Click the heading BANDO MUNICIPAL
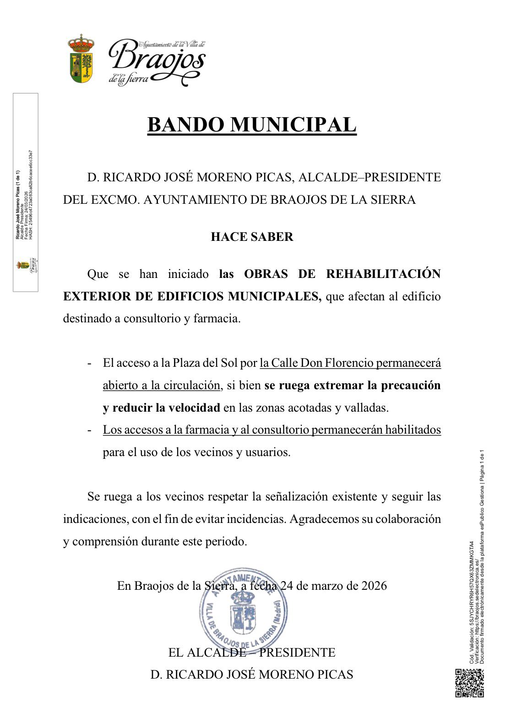pyautogui.click(x=251, y=125)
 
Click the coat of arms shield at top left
pyautogui.click(x=81, y=60)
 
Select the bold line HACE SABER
pyautogui.click(x=252, y=237)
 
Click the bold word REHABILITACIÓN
pyautogui.click(x=383, y=274)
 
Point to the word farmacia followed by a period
pyautogui.click(x=219, y=319)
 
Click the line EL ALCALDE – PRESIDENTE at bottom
pyautogui.click(x=252, y=652)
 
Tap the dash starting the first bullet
pyautogui.click(x=91, y=363)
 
